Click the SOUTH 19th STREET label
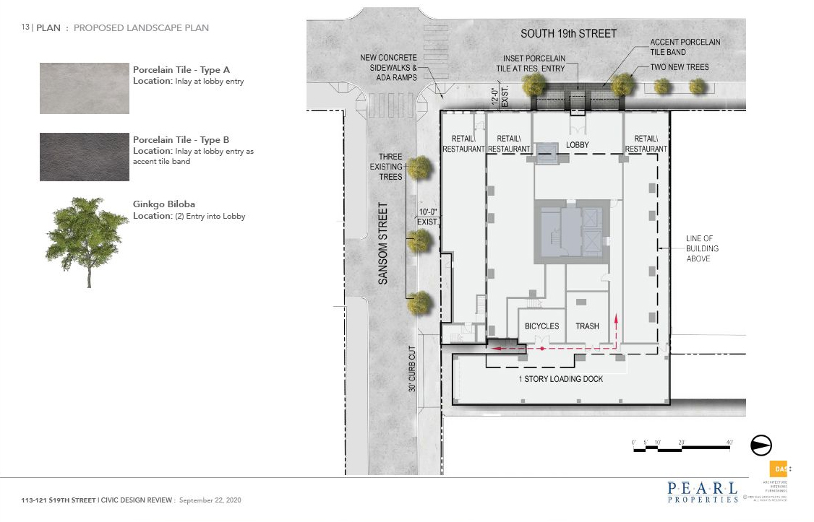pos(569,34)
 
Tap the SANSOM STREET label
pos(383,243)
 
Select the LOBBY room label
pos(577,145)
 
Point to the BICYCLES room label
pos(541,326)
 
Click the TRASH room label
pos(587,326)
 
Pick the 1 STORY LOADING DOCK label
pos(560,379)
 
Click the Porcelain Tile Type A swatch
pos(85,88)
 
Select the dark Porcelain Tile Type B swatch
pos(85,157)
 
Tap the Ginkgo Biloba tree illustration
pos(86,239)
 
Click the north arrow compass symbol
pos(762,445)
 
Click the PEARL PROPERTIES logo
pos(703,492)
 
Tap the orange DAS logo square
pos(778,469)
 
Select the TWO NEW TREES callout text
pos(680,67)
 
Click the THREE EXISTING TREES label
pos(390,167)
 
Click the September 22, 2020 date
pos(210,500)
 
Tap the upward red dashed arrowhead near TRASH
pos(616,316)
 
